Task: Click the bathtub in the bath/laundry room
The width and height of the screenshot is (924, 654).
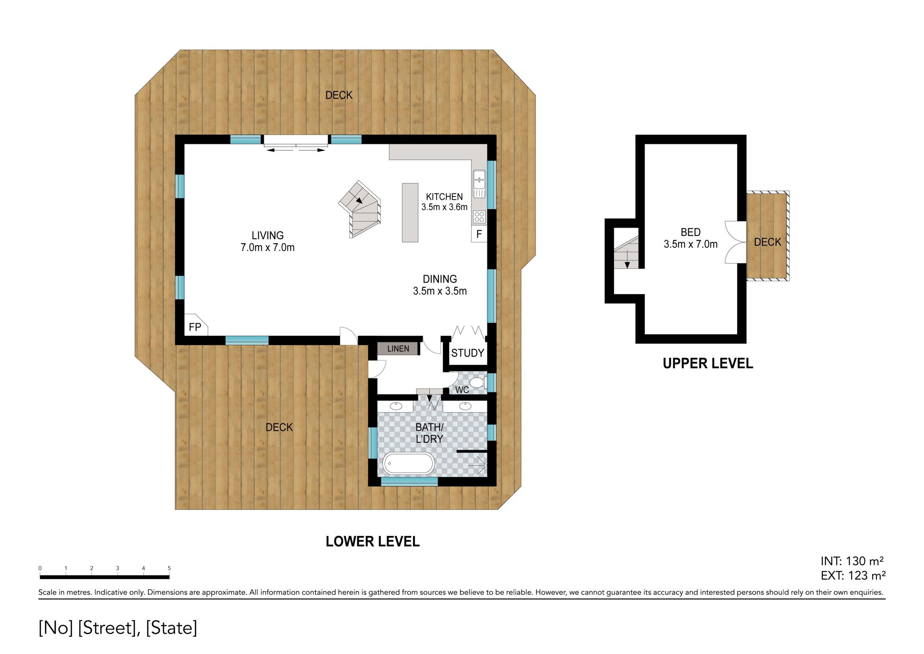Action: click(x=409, y=463)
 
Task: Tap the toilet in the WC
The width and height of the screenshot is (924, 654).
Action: click(x=477, y=383)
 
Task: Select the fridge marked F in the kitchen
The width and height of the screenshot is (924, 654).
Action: click(x=479, y=234)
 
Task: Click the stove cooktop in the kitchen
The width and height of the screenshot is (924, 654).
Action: click(x=479, y=216)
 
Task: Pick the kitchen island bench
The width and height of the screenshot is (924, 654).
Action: click(x=410, y=212)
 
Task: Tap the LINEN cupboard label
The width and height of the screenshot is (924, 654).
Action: click(x=398, y=349)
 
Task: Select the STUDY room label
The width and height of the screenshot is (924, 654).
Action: click(x=468, y=353)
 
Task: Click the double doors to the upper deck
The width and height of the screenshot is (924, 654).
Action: click(x=735, y=242)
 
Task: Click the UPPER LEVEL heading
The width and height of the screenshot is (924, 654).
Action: click(x=708, y=364)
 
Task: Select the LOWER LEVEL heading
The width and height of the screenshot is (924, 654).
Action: click(x=372, y=542)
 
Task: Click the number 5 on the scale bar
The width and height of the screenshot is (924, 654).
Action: click(x=169, y=568)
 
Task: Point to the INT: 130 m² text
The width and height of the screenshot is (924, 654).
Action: click(x=852, y=561)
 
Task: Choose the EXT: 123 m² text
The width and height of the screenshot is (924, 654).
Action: click(x=853, y=576)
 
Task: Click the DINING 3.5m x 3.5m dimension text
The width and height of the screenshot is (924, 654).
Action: click(x=440, y=285)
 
